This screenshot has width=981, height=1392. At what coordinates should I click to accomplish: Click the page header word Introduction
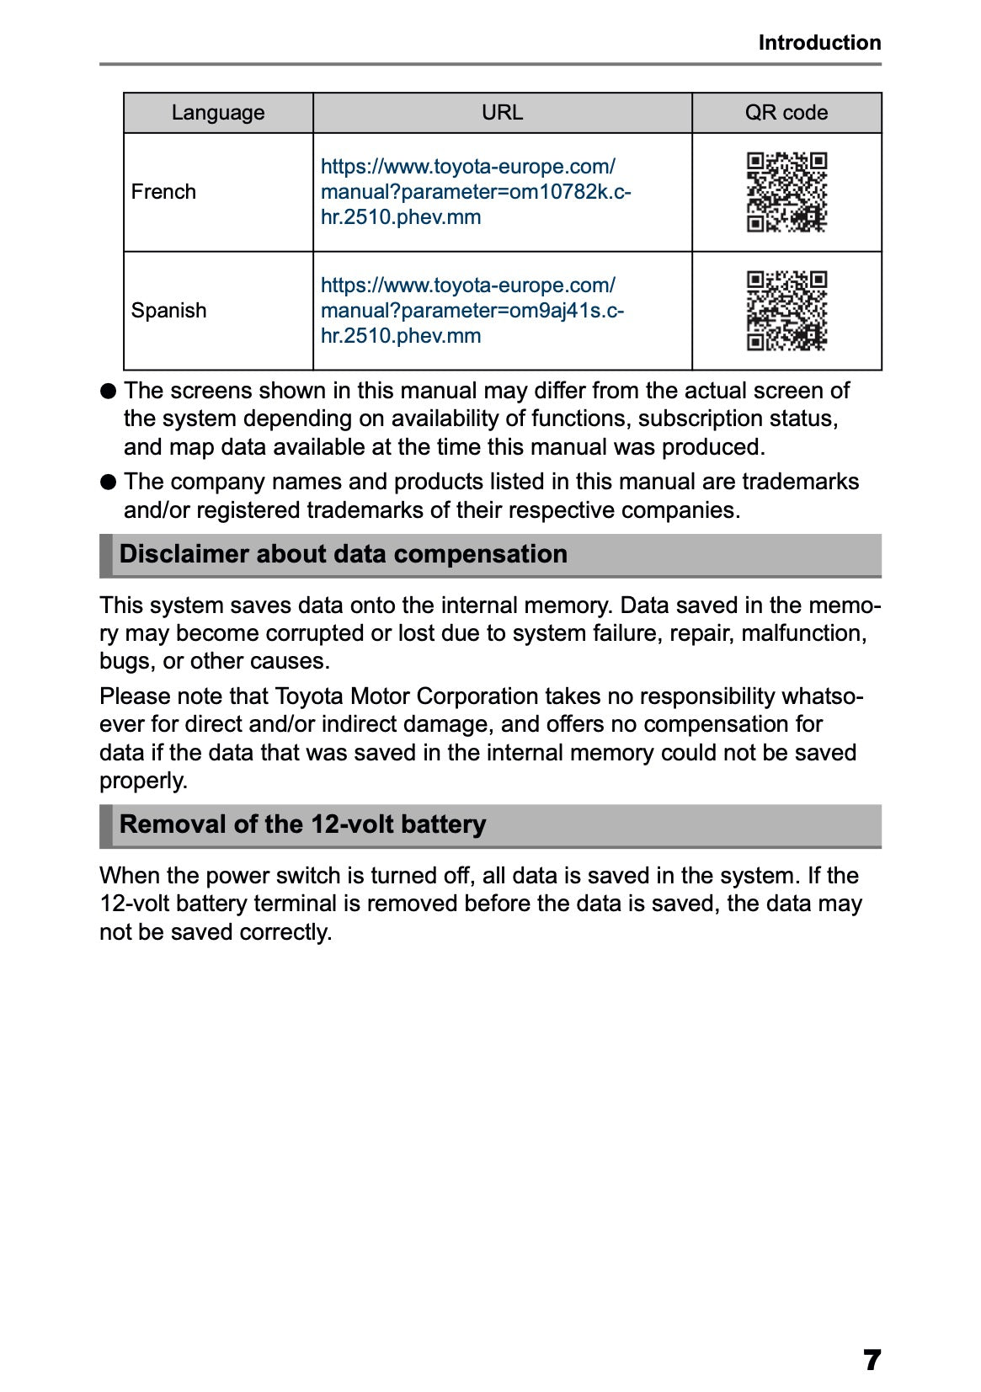pos(818,42)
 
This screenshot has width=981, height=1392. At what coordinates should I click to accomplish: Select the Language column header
pos(217,113)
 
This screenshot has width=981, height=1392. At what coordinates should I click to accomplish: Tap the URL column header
pos(502,113)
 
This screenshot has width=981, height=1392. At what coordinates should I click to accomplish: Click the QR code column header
pos(786,113)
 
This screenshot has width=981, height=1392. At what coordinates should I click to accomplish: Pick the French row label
pos(163,192)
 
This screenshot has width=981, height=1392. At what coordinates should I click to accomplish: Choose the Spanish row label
pos(168,311)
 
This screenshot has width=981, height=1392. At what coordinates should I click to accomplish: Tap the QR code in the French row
pos(786,192)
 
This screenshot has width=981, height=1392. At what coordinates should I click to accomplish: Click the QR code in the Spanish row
pos(786,311)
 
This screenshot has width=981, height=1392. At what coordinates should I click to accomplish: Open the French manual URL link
pos(475,192)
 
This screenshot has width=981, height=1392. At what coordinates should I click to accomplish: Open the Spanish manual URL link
pos(472,311)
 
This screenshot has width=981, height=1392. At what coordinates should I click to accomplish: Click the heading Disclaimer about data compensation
pos(343,554)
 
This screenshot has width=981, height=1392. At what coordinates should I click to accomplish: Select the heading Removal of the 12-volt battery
pos(302,824)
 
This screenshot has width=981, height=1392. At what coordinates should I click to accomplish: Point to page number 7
pos(872,1360)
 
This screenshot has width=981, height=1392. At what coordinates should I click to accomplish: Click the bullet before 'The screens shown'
pos(108,392)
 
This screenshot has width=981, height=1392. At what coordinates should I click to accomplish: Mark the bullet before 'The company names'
pos(108,483)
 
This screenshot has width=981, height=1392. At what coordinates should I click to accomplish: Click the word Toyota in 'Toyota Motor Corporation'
pos(309,696)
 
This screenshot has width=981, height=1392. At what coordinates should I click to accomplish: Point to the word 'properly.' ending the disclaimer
pos(143,781)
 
